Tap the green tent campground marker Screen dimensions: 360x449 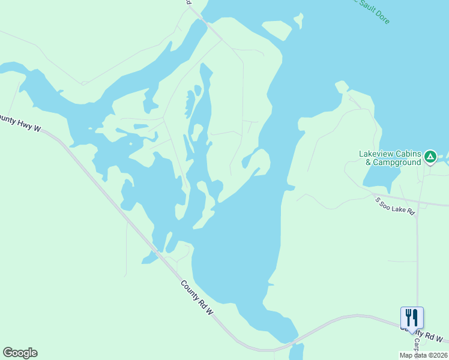[x=430, y=157]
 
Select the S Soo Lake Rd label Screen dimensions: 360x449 [x=395, y=206]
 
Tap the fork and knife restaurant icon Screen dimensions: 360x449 [x=412, y=317]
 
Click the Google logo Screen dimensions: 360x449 [x=20, y=353]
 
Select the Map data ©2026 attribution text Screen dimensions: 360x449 [x=423, y=355]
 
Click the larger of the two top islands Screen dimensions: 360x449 [x=277, y=29]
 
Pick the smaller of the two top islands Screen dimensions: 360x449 [x=298, y=21]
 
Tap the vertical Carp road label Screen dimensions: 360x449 [x=415, y=344]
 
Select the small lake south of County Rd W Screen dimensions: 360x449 [x=296, y=352]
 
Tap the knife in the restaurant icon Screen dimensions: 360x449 [x=415, y=316]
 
